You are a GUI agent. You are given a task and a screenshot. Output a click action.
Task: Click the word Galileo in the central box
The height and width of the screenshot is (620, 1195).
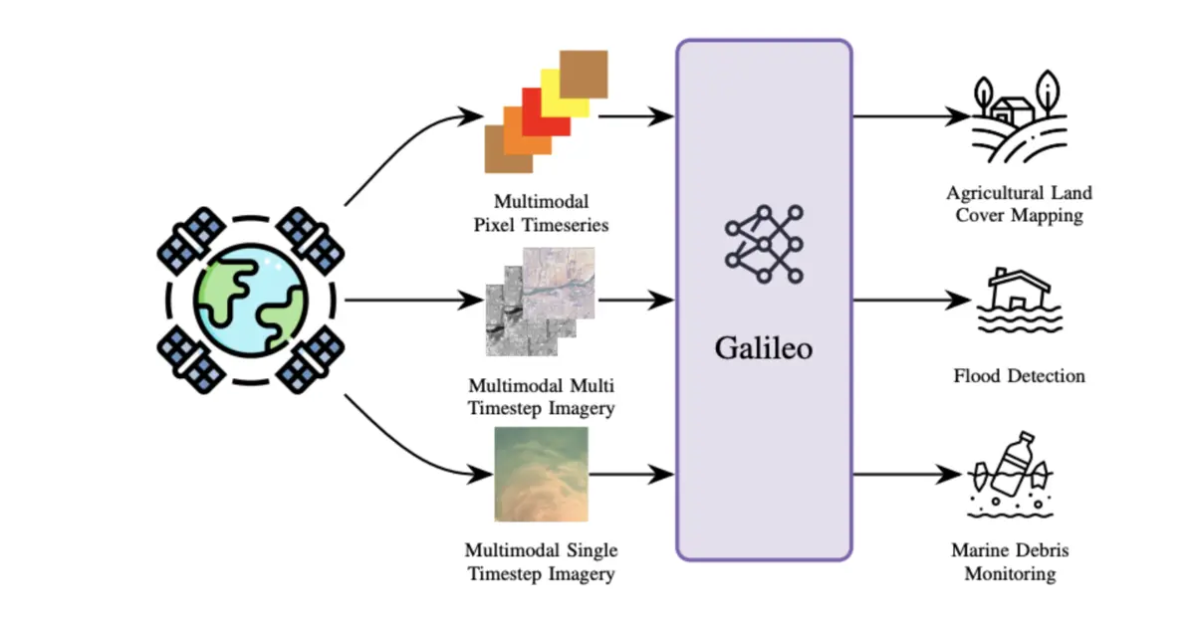click(x=764, y=349)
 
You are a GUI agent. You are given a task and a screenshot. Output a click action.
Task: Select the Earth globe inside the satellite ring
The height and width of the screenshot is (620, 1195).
click(x=250, y=299)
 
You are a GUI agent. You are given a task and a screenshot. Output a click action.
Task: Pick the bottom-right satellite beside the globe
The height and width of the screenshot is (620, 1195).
click(x=312, y=359)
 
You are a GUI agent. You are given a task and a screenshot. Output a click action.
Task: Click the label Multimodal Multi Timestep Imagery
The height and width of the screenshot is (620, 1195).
click(x=541, y=396)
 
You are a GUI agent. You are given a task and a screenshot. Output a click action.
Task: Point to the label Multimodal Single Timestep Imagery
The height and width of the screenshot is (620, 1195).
click(x=541, y=561)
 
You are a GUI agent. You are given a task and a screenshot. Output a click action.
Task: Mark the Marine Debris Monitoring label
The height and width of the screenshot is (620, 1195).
click(x=1016, y=561)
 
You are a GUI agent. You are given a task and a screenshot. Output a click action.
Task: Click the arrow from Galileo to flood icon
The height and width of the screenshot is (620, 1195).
click(x=911, y=299)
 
